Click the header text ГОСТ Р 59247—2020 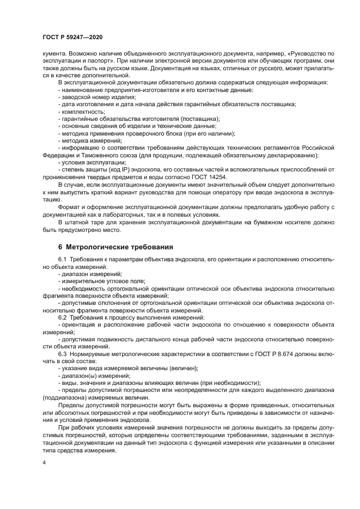[x=72, y=36]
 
